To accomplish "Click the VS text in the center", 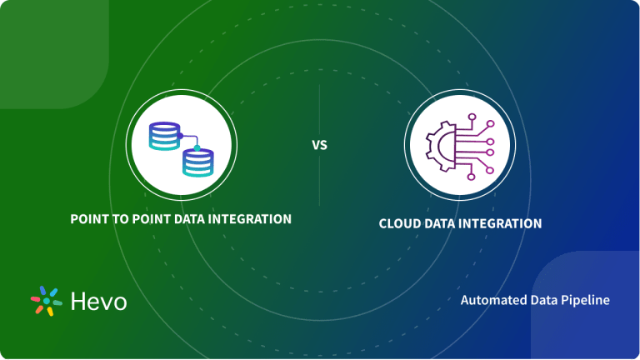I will (x=320, y=145).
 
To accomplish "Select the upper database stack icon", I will (x=163, y=135).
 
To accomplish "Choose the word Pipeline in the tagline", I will (x=586, y=300).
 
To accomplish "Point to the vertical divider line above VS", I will (x=320, y=108).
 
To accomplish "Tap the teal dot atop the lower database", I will (x=197, y=147).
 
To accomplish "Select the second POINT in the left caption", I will (x=151, y=219).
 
